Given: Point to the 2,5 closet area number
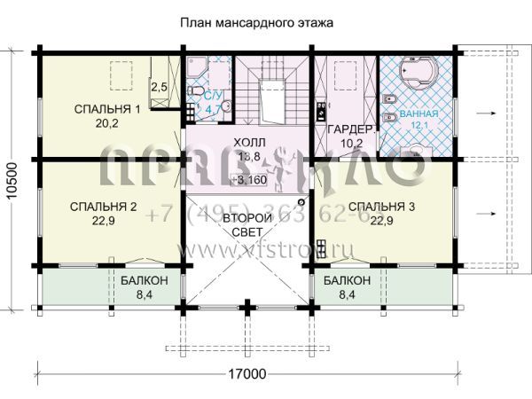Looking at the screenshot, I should (159, 87).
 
